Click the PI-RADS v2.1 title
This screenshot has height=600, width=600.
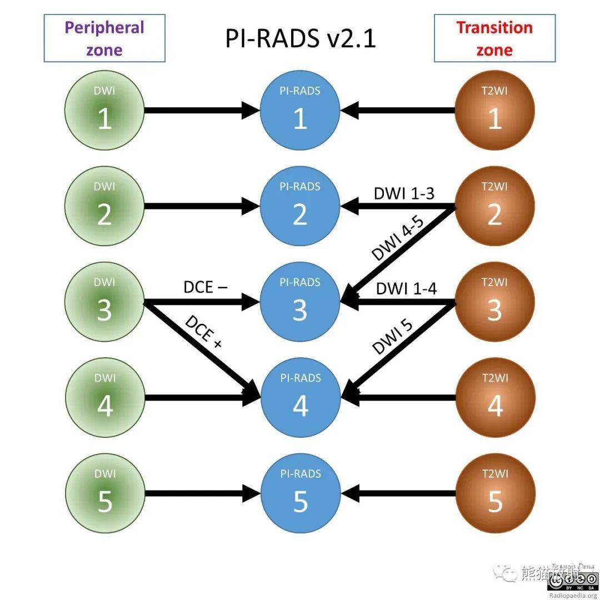tap(300, 39)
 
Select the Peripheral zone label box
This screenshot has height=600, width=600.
tap(104, 38)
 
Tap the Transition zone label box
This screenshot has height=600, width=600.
tap(494, 38)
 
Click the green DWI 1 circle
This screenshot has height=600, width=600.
tap(104, 111)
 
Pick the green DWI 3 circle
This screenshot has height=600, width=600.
tap(104, 302)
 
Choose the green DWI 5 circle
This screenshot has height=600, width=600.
tap(104, 493)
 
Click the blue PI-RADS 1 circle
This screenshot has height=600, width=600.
tap(300, 111)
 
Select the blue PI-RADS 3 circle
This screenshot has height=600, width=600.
tap(300, 302)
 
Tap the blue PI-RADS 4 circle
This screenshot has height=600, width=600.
tap(300, 398)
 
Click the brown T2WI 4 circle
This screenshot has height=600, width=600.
tap(494, 398)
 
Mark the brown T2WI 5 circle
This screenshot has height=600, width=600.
tap(494, 493)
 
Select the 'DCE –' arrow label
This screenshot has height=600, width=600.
tap(205, 287)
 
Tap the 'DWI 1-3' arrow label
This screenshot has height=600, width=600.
tap(404, 193)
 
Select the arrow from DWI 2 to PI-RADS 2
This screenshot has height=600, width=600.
tap(200, 207)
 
